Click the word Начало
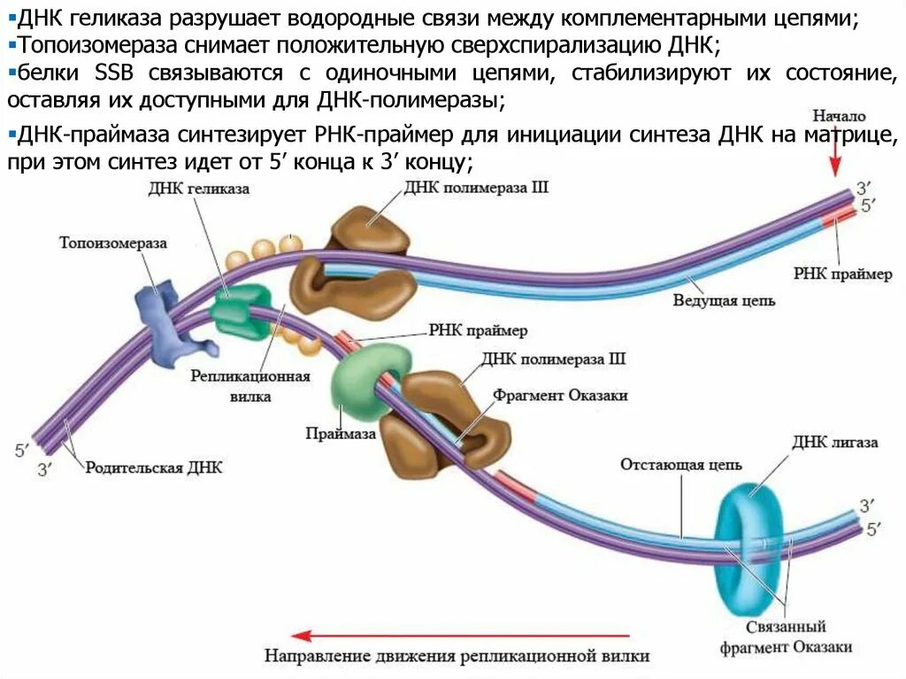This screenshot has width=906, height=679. click(x=840, y=116)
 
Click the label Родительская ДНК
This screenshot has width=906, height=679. click(x=154, y=467)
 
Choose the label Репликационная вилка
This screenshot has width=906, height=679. click(x=250, y=386)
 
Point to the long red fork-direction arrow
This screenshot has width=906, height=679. click(x=460, y=635)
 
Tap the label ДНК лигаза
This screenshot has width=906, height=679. click(x=835, y=442)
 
